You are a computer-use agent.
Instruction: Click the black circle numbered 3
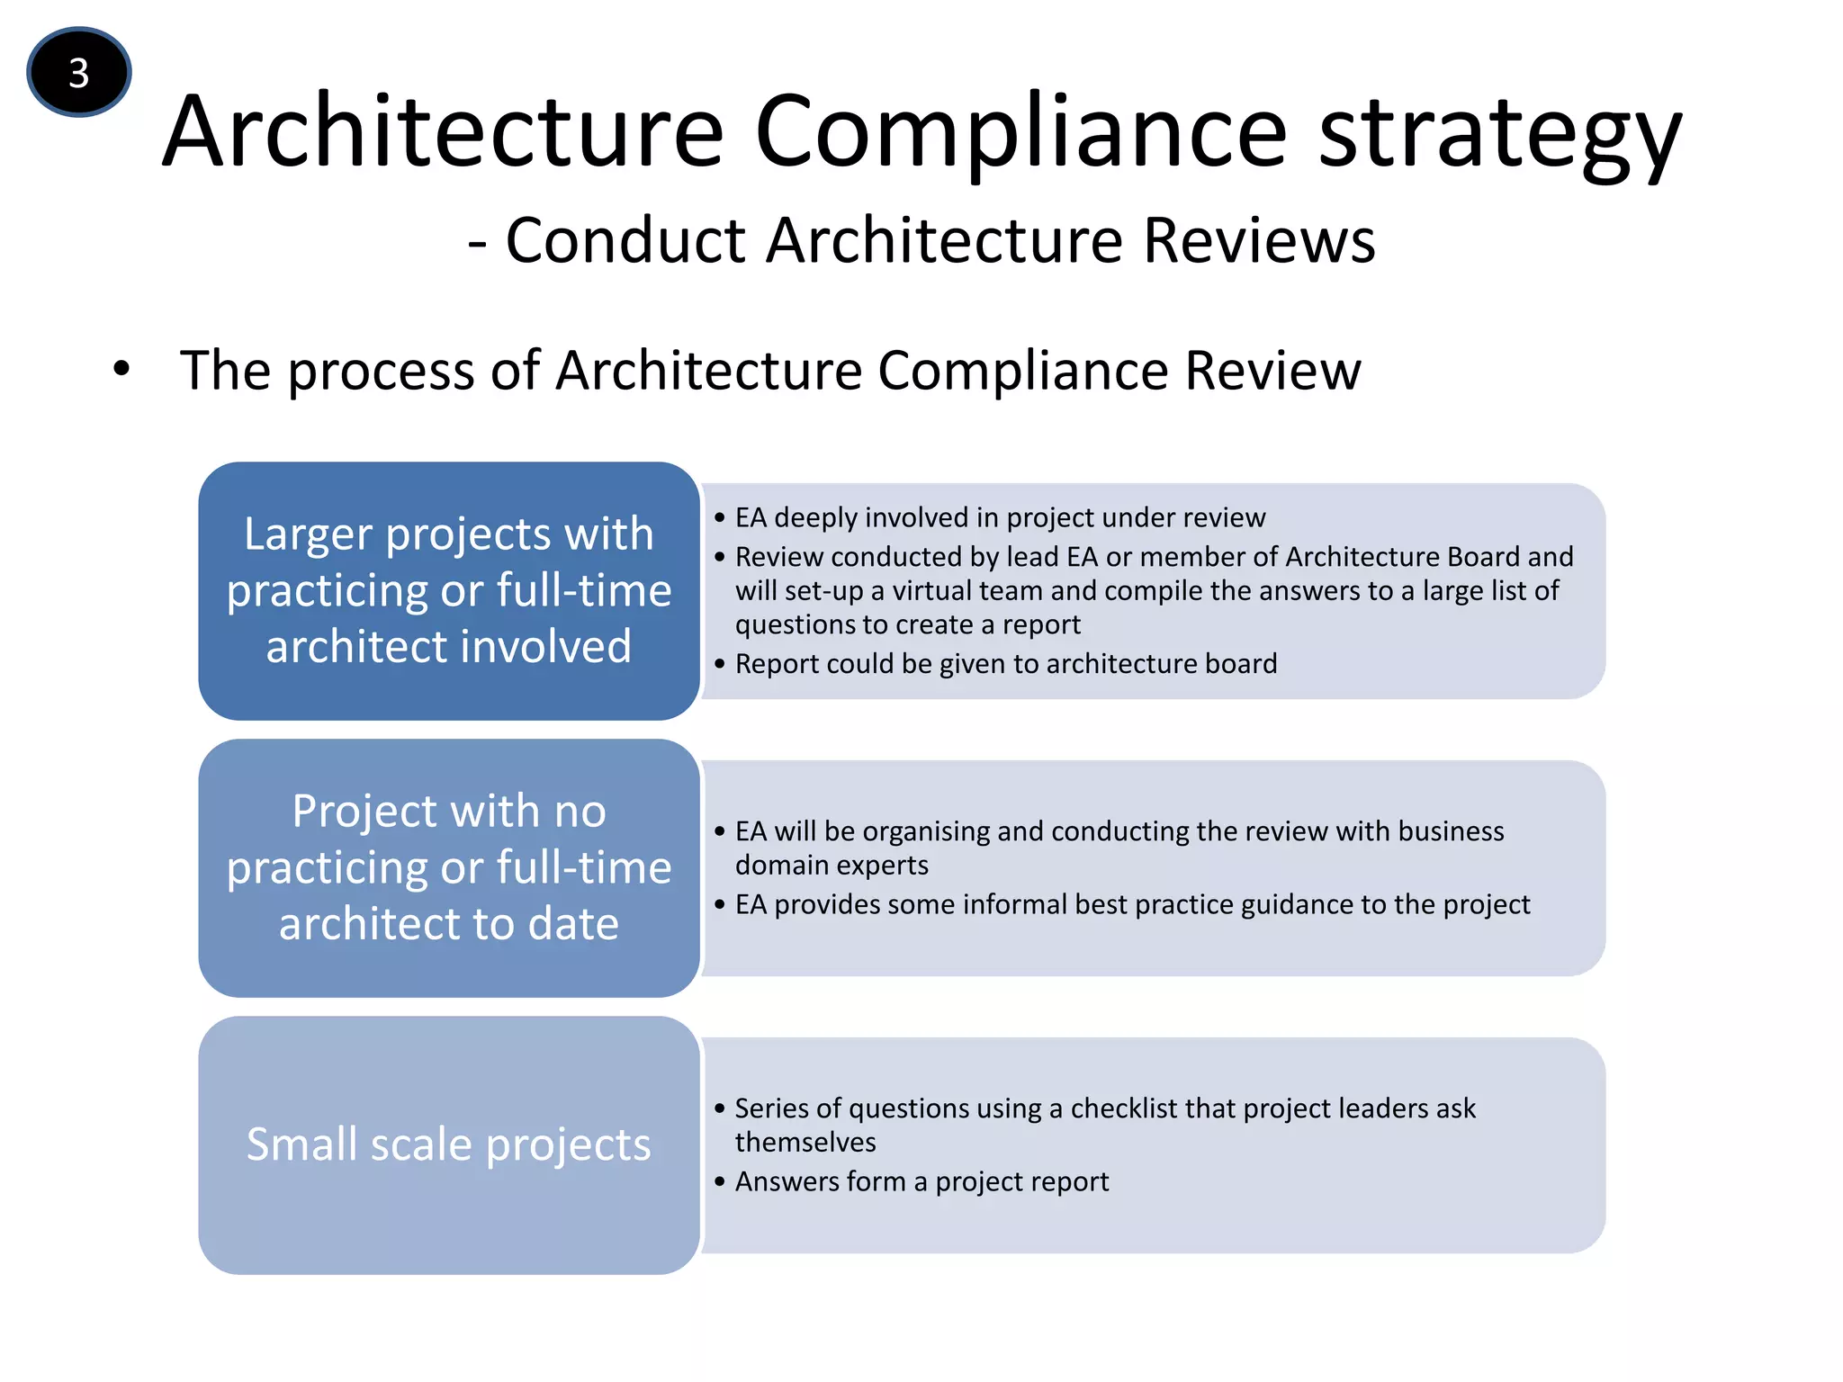(79, 72)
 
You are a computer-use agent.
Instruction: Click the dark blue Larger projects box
(449, 590)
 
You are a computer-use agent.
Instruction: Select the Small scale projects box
(449, 1144)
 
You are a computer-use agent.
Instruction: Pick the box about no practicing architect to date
(449, 867)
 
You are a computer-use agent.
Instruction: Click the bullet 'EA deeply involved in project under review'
(999, 517)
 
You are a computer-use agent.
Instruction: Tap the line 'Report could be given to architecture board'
(1005, 663)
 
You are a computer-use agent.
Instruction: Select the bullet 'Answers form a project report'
(921, 1180)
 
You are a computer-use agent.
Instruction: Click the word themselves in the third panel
(805, 1142)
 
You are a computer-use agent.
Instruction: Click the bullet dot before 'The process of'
(121, 369)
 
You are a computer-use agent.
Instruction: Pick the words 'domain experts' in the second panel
(832, 865)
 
